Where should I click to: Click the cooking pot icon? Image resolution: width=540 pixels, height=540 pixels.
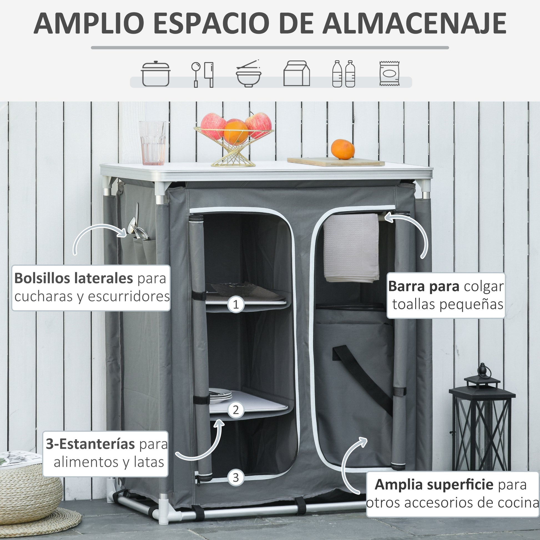click(156, 74)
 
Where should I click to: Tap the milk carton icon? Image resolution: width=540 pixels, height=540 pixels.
click(297, 73)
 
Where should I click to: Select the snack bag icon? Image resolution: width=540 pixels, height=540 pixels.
click(389, 73)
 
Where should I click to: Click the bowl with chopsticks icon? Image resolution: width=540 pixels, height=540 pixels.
click(248, 74)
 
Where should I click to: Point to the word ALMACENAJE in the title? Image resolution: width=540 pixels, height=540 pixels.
click(414, 23)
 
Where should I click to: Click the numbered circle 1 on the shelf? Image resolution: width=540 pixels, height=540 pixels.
click(236, 304)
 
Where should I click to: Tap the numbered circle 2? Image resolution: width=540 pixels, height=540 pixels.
click(236, 410)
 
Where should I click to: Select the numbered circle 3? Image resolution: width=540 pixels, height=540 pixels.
click(236, 477)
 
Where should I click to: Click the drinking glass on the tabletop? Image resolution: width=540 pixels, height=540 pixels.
click(153, 143)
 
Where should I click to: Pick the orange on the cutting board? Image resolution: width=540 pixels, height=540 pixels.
click(343, 149)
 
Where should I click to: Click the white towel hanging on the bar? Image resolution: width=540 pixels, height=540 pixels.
click(351, 248)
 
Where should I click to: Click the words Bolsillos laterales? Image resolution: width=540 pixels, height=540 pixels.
click(74, 278)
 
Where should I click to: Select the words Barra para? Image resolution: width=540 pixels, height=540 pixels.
click(424, 286)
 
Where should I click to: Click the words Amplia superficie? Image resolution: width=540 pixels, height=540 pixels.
click(434, 485)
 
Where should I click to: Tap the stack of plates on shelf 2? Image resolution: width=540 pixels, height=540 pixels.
click(220, 395)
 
